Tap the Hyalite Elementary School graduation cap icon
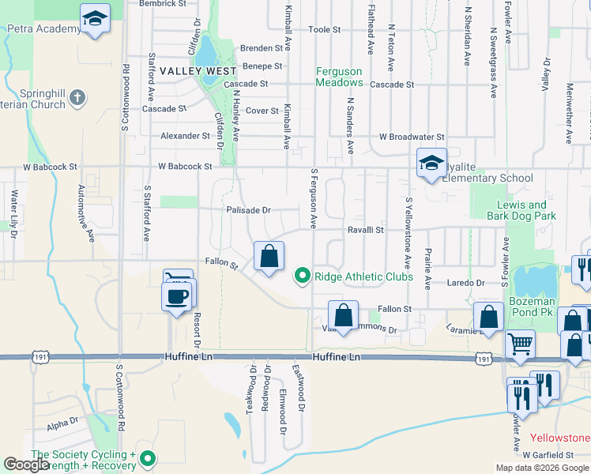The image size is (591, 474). tap(431, 164)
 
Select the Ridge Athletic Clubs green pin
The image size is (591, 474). tap(301, 276)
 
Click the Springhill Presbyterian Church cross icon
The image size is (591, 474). tap(77, 98)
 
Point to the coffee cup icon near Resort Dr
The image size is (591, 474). tap(175, 296)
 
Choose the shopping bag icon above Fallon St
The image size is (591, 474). tap(269, 256)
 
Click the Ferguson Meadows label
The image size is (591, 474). tap(339, 77)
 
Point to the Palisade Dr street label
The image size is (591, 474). tap(248, 210)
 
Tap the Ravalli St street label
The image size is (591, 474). tap(366, 230)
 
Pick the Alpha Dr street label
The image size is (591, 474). tap(62, 424)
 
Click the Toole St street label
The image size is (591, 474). tap(324, 30)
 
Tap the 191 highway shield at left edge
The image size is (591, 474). tap(40, 358)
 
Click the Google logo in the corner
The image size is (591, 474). tap(25, 464)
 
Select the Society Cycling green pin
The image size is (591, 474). tap(146, 457)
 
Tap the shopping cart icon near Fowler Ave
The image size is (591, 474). tap(519, 343)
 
